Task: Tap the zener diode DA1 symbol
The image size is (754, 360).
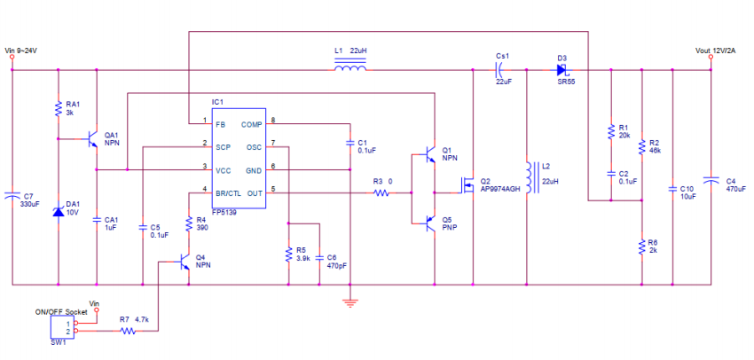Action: tap(58, 211)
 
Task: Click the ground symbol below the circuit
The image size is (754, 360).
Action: tap(350, 301)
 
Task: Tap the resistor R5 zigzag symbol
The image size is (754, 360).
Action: tap(288, 255)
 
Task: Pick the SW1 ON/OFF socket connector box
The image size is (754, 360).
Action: tap(63, 327)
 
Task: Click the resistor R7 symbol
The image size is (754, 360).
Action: tap(128, 332)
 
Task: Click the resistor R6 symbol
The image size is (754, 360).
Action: tap(640, 247)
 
